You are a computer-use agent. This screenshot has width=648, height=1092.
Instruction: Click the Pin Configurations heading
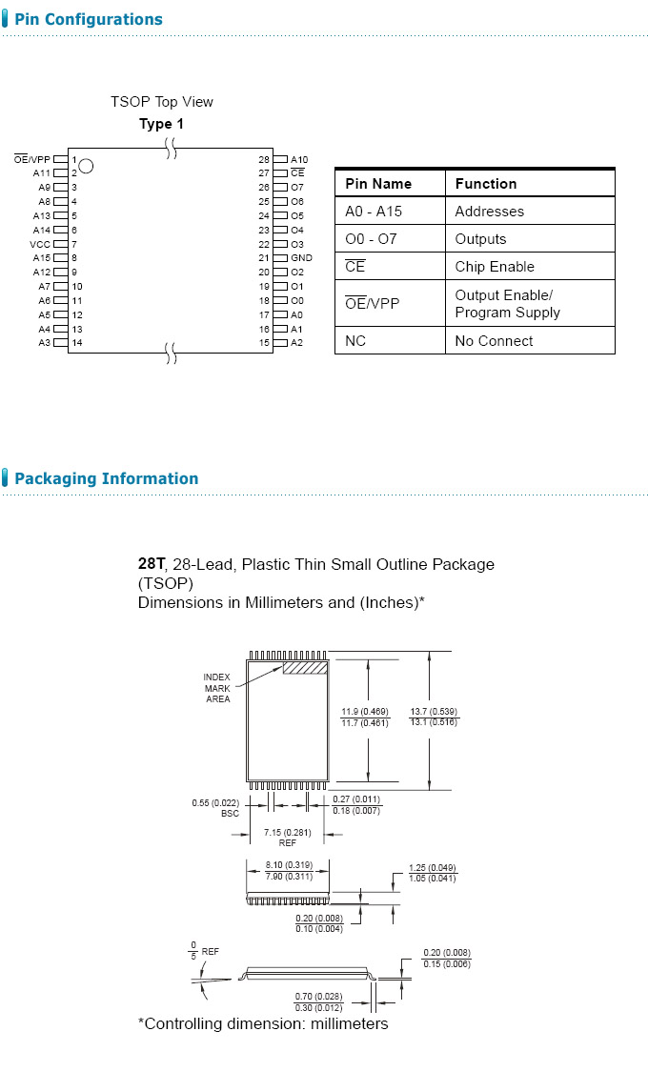point(88,19)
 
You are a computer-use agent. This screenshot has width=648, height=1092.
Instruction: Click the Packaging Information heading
point(106,478)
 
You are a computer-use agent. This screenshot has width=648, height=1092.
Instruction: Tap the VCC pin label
point(39,244)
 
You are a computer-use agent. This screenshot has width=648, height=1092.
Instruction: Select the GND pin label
point(301,258)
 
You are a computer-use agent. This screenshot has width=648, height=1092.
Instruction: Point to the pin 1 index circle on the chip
point(86,166)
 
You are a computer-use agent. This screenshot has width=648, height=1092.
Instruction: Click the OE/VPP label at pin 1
point(32,159)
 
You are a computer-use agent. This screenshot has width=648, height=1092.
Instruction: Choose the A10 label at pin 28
point(299,159)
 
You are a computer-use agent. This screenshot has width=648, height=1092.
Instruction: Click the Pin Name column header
point(378,184)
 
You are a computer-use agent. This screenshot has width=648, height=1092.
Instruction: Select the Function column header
point(486,184)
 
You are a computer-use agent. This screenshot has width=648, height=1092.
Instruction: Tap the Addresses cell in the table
point(489,212)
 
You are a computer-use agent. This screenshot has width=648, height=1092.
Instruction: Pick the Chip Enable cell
point(494,267)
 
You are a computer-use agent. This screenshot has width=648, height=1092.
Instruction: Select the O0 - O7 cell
point(371,239)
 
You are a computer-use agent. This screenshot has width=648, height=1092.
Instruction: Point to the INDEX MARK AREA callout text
point(217,688)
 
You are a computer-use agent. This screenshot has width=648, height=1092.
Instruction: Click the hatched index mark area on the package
point(305,668)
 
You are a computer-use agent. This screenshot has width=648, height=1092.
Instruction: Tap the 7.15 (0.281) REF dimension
point(287,838)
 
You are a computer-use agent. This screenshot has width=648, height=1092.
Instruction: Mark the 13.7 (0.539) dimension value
point(434,711)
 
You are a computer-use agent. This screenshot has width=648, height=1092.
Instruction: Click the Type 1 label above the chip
point(162,124)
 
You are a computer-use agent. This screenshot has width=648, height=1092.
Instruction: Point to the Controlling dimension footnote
point(263,1023)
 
